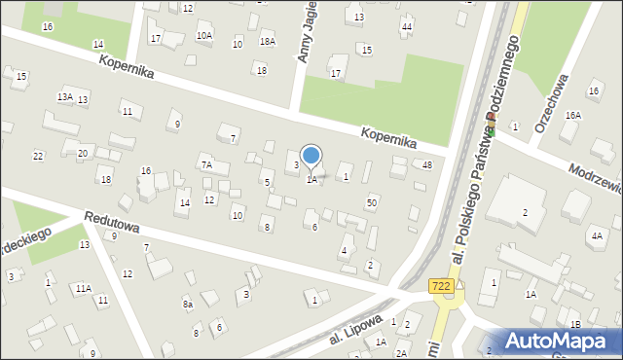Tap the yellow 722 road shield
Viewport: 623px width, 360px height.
439,283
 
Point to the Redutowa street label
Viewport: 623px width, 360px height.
112,223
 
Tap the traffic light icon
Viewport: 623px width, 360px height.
492,126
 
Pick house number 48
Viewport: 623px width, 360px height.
427,164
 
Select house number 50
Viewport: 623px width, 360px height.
372,202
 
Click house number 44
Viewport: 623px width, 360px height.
407,26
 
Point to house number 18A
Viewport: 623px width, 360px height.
268,41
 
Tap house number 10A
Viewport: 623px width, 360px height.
203,36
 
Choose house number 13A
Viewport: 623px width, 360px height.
65,96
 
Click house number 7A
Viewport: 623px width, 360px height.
206,165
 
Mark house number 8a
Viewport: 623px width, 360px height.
188,305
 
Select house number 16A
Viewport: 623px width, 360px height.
573,116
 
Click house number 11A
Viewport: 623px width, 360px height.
84,288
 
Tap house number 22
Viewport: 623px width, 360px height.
38,157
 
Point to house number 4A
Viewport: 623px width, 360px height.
596,235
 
